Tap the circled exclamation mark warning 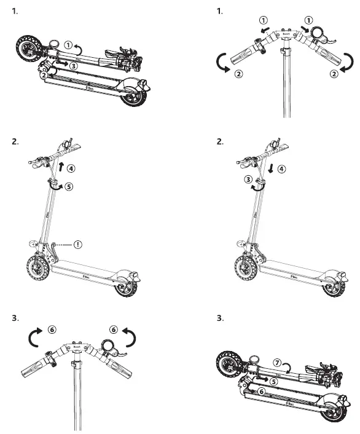78,244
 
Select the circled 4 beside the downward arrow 282,168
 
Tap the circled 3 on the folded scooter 73,64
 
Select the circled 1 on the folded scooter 68,45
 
